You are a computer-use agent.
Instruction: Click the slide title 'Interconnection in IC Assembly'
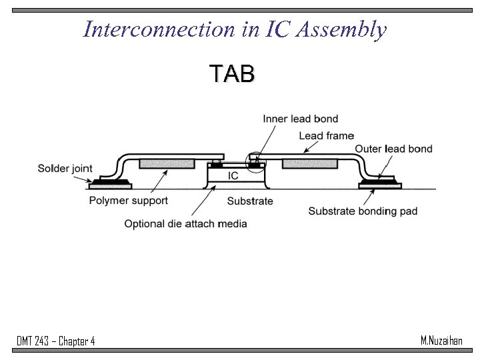pos(235,29)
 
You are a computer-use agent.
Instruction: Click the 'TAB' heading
pos(231,74)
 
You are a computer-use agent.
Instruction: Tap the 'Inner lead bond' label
pos(300,119)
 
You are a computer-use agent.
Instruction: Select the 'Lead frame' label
pos(326,136)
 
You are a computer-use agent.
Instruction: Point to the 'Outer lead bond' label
pos(393,149)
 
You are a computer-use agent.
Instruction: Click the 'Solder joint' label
pos(65,169)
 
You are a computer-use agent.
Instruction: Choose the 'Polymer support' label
pos(129,200)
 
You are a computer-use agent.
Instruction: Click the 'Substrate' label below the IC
pos(250,201)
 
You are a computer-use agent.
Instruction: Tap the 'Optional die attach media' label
pos(185,223)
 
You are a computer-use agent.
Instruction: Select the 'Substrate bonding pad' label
pos(363,211)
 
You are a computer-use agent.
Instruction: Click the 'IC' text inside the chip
pos(233,176)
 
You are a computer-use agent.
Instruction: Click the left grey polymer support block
pos(167,163)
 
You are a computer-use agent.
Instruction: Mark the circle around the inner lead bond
pos(254,161)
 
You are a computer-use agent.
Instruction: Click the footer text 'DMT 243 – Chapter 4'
pos(56,341)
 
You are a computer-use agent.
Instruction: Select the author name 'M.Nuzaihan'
pos(441,341)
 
